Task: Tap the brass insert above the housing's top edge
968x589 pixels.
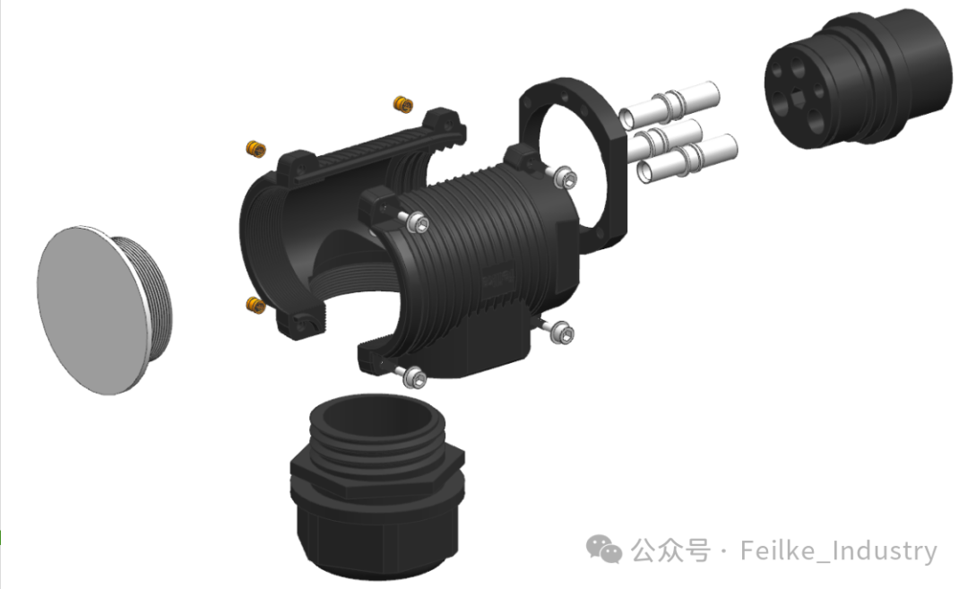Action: [x=403, y=104]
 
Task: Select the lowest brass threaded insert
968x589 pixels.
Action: [x=255, y=305]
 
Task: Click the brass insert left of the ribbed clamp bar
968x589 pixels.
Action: [x=255, y=149]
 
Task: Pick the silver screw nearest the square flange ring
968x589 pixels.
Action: [x=565, y=178]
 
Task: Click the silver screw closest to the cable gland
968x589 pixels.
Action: [x=413, y=376]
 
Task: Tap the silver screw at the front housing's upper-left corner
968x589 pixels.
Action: [x=417, y=221]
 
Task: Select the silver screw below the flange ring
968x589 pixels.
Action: [x=560, y=332]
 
